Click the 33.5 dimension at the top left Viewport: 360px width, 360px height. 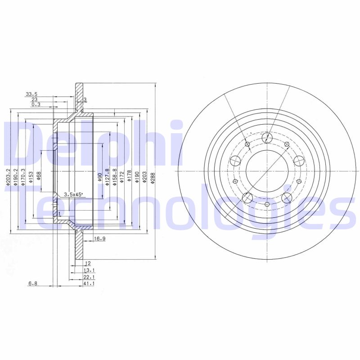tap(31, 94)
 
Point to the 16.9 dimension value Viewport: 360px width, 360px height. tap(99, 239)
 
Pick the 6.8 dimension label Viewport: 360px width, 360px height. tap(33, 283)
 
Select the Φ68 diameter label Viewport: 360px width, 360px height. tap(39, 175)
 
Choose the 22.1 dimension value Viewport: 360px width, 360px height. tap(89, 277)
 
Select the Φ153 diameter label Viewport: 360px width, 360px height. tap(31, 175)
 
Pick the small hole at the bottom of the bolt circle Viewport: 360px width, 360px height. tap(267, 205)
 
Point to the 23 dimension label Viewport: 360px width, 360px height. tap(34, 99)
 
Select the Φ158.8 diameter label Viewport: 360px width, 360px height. tap(114, 176)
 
